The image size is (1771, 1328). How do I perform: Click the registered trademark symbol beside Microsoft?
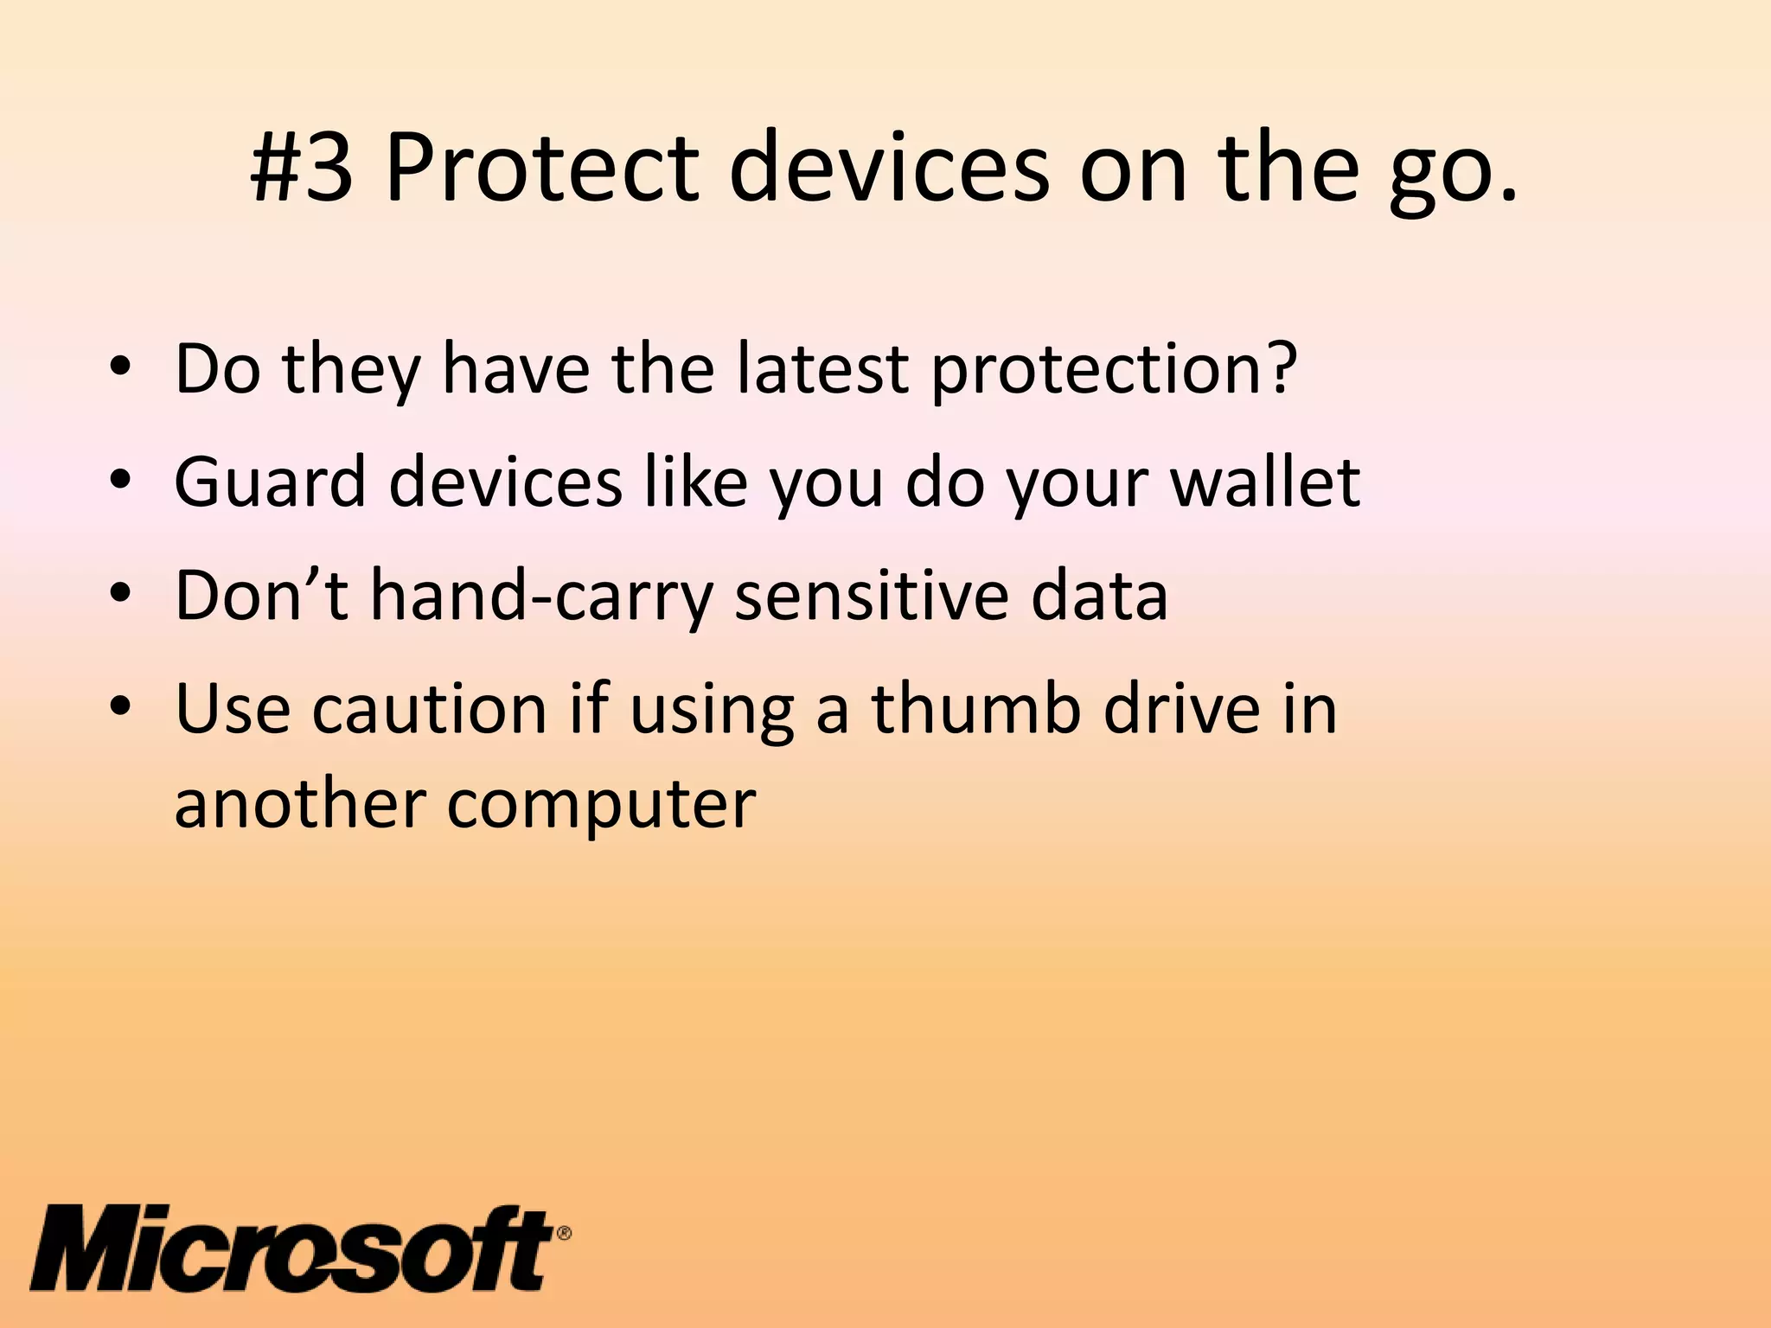click(x=563, y=1233)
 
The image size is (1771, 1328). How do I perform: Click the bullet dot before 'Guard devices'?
click(x=120, y=482)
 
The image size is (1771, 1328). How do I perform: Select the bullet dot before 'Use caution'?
click(x=120, y=708)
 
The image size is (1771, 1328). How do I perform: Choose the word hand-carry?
click(x=541, y=597)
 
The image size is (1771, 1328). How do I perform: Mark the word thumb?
click(x=976, y=708)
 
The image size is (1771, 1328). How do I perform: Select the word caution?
click(x=430, y=708)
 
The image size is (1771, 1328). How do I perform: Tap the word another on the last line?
click(x=298, y=803)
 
